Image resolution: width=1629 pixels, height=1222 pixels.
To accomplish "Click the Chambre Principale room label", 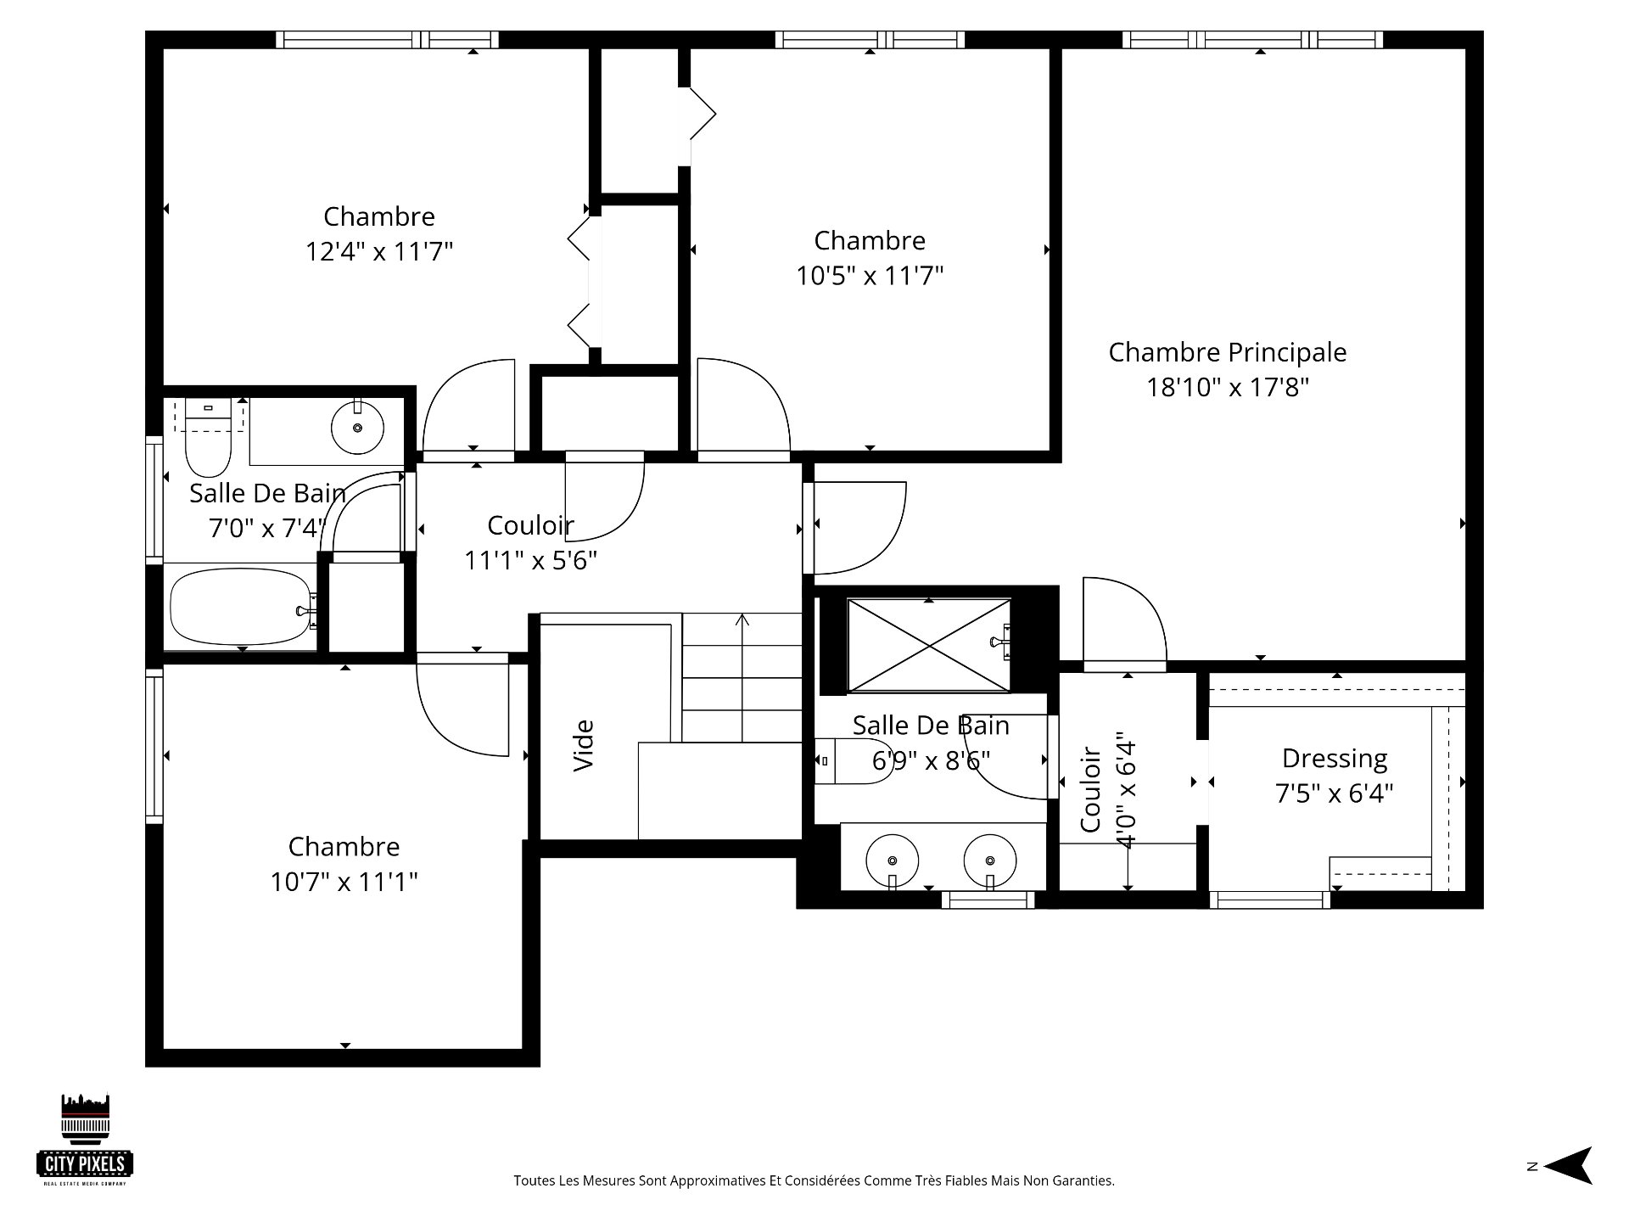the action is tap(1228, 352).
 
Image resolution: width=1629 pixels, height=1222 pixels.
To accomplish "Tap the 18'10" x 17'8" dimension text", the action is tap(1228, 388).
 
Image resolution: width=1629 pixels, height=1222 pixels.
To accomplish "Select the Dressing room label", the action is tap(1335, 759).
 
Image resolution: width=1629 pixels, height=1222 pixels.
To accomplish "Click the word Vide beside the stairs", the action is tap(584, 745).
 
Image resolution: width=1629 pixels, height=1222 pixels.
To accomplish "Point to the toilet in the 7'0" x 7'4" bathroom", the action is tap(208, 437).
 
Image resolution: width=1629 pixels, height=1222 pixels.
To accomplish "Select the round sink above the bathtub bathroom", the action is tap(357, 427).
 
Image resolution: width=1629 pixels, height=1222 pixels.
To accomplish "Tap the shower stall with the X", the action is tap(929, 645).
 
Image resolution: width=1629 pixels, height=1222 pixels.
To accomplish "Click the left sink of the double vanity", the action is tap(892, 860).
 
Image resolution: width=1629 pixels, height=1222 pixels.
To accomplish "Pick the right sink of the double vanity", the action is tap(990, 860).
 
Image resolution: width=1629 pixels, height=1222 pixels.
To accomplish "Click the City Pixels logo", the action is tap(85, 1139).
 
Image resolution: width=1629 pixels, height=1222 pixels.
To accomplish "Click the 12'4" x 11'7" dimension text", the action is tap(379, 252).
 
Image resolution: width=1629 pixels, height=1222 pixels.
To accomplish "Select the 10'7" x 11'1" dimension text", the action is tap(344, 883).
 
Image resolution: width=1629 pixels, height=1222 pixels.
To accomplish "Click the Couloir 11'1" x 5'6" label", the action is tap(530, 543).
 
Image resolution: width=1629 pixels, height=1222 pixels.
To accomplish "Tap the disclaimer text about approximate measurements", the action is tap(814, 1180).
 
